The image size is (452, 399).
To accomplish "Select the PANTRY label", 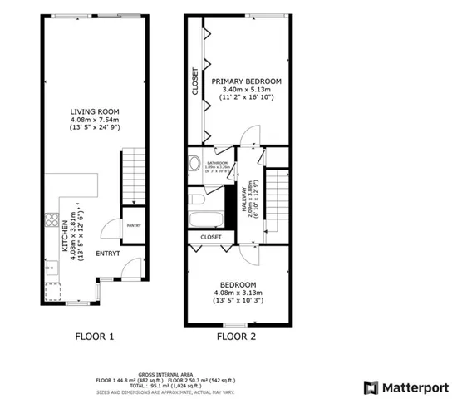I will [133, 225].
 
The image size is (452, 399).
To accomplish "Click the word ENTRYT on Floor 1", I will [108, 253].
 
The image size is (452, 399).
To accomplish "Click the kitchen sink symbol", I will [51, 267].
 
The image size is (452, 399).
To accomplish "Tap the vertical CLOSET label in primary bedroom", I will [196, 81].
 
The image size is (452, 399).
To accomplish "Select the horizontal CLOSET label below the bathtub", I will [211, 237].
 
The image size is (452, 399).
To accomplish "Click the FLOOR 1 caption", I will [88, 337].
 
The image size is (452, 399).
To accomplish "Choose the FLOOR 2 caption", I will [236, 337].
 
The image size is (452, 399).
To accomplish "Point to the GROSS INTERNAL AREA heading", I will [166, 375].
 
